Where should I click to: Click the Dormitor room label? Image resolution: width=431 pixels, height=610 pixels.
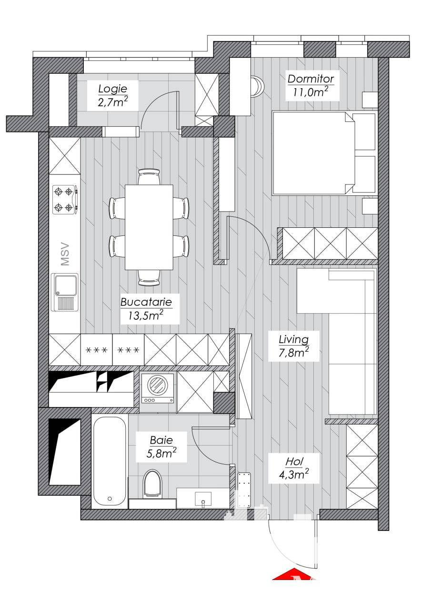(x=311, y=86)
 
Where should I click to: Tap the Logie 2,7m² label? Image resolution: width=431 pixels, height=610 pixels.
(x=113, y=95)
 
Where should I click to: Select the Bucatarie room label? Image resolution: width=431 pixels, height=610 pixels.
(x=146, y=309)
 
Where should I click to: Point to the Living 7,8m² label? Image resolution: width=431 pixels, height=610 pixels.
(x=293, y=346)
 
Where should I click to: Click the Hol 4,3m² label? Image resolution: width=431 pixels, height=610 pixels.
(x=293, y=468)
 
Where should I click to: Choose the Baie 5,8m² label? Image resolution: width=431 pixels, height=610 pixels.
(x=161, y=447)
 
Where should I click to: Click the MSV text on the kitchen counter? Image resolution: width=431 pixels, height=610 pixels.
(x=65, y=254)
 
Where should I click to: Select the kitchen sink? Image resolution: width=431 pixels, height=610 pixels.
(x=65, y=292)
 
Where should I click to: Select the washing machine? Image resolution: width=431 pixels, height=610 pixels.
(x=158, y=388)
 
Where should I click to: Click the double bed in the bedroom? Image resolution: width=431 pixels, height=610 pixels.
(x=324, y=153)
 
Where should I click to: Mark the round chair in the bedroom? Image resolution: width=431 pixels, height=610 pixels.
(x=257, y=86)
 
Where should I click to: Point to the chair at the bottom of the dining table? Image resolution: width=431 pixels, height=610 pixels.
(x=149, y=277)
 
